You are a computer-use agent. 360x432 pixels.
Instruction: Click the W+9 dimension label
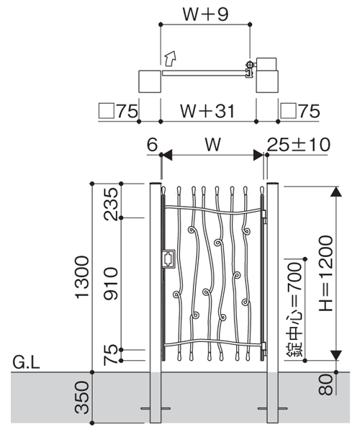205,14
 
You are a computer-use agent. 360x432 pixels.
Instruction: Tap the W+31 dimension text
207,111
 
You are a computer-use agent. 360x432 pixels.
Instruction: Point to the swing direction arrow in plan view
170,58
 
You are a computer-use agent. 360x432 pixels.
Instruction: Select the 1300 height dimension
82,277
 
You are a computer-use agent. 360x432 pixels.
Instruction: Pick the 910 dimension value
111,284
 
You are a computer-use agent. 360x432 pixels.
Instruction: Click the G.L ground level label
27,363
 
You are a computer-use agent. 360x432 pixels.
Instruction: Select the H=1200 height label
327,274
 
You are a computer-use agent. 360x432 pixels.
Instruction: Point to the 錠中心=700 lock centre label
294,310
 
